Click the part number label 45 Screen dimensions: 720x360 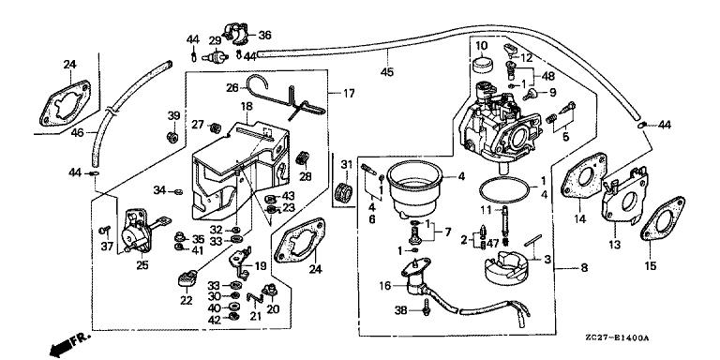pos(387,71)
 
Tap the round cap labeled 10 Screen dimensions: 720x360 pos(481,64)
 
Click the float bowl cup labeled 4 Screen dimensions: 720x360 pos(413,191)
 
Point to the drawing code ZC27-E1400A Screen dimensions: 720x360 pos(617,338)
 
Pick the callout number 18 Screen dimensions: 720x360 pos(247,107)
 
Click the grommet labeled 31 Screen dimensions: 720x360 pos(345,192)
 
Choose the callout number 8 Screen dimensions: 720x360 pos(584,267)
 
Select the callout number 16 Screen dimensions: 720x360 pos(386,286)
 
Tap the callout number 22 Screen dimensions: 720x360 pos(187,300)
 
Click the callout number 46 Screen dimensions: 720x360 pos(78,133)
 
